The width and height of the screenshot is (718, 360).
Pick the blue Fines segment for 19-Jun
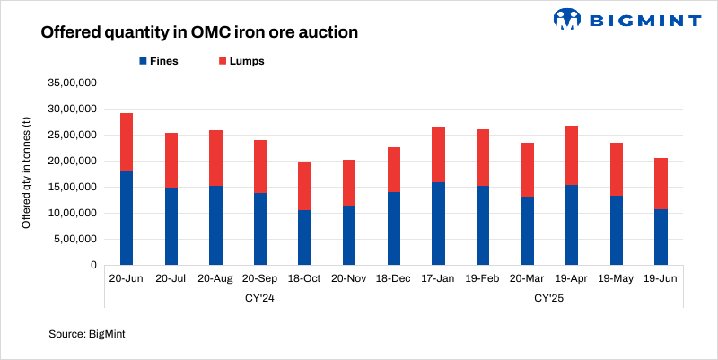click(x=661, y=237)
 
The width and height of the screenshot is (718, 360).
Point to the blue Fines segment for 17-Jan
click(x=438, y=224)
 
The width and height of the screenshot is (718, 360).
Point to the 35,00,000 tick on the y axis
click(x=71, y=83)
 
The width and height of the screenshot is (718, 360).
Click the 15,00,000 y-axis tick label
click(x=71, y=187)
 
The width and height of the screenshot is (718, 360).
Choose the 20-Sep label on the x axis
click(x=259, y=279)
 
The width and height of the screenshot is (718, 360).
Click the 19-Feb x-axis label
click(x=483, y=279)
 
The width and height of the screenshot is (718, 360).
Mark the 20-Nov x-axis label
click(x=348, y=279)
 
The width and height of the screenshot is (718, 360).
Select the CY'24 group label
click(x=259, y=297)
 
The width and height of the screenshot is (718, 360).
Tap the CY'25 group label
click(x=549, y=297)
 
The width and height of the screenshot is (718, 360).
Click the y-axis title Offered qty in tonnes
click(x=26, y=173)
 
